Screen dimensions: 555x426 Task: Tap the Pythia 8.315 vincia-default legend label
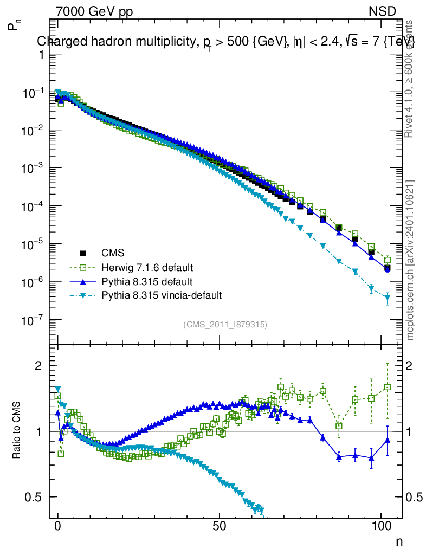pyautogui.click(x=162, y=296)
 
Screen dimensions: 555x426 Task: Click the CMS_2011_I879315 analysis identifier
pyautogui.click(x=225, y=325)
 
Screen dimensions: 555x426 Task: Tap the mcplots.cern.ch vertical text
pyautogui.click(x=410, y=260)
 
